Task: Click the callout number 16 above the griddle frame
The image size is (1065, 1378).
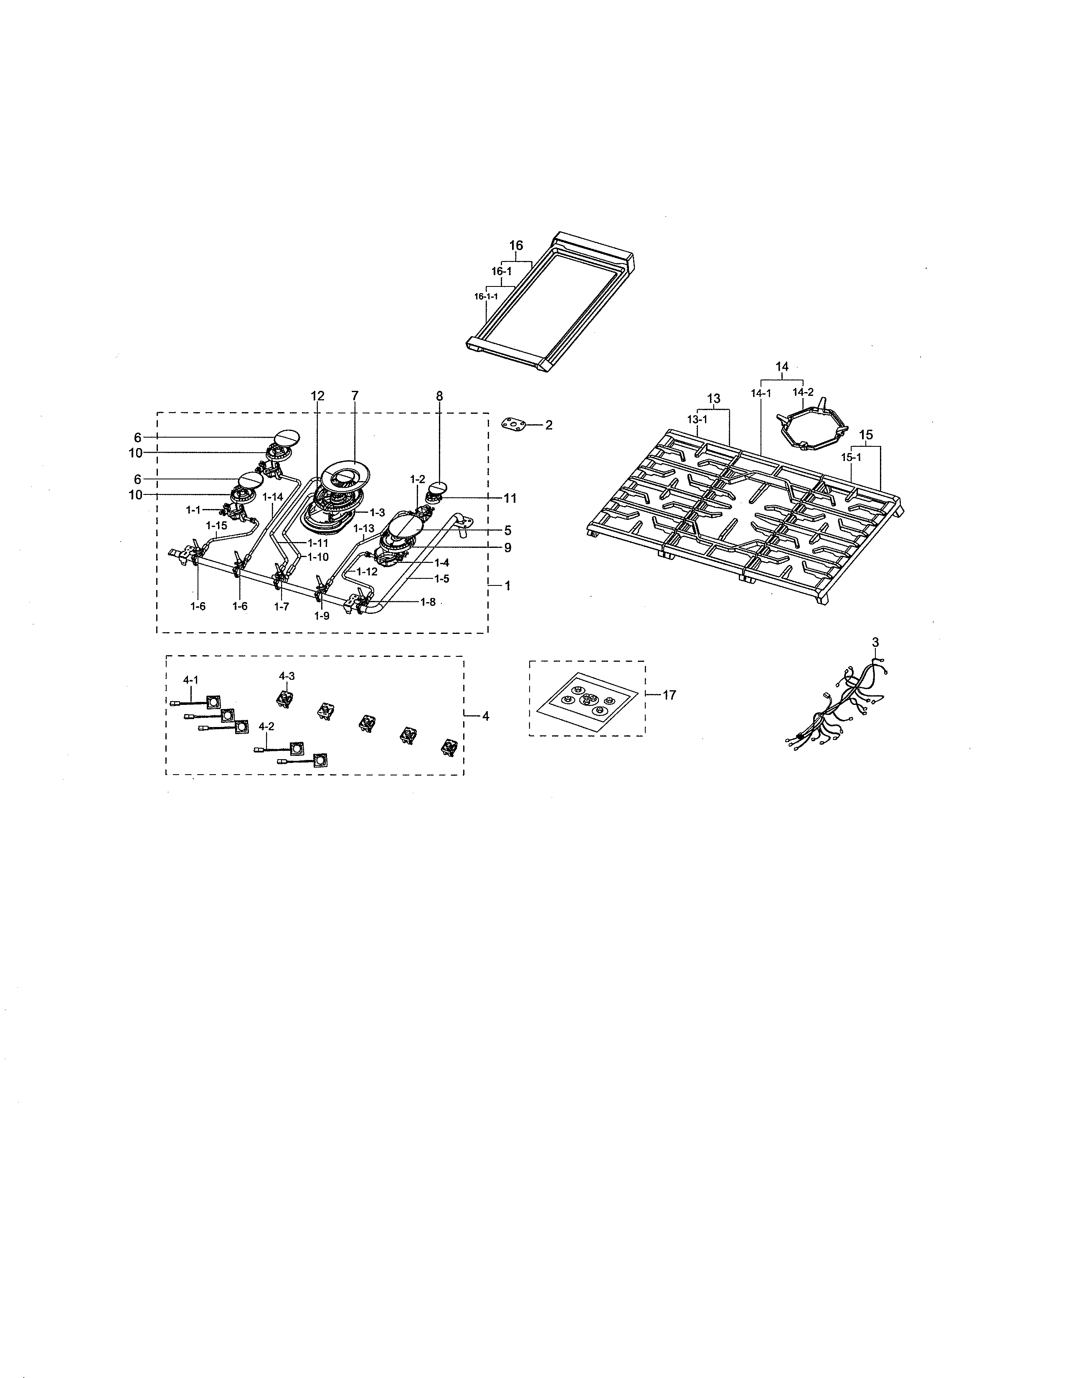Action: [x=516, y=246]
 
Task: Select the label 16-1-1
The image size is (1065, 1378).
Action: [x=486, y=296]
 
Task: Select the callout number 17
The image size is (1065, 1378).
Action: [x=669, y=695]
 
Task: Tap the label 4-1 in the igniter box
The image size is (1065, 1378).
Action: [x=190, y=679]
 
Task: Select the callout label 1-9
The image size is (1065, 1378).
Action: [x=321, y=616]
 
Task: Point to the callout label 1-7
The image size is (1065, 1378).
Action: [x=281, y=606]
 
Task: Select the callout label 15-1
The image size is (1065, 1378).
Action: [x=851, y=457]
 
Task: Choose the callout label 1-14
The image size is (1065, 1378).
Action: [x=273, y=496]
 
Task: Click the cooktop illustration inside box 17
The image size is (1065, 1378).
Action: [x=587, y=701]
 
